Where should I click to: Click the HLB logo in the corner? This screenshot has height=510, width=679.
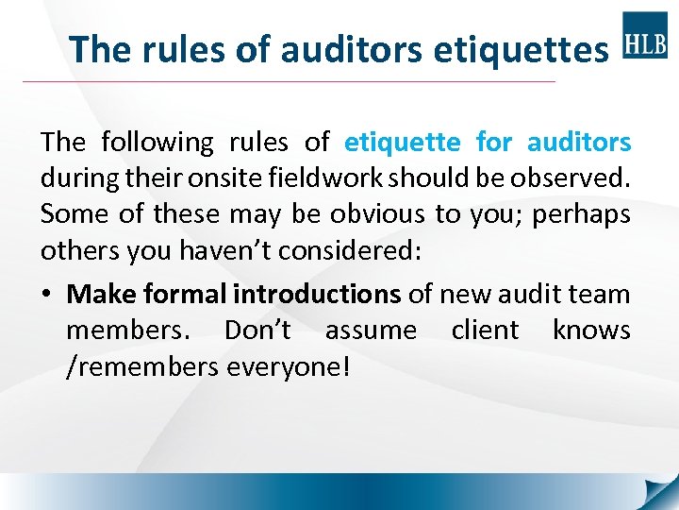645,35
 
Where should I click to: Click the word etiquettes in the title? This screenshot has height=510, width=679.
521,49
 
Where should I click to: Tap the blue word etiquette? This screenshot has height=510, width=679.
403,143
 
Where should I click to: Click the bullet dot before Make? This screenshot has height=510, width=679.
46,295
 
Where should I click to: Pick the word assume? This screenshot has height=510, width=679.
370,331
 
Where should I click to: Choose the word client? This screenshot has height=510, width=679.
484,331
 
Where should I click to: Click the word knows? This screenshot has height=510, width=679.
591,331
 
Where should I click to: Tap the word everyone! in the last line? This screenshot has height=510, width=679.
289,366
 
